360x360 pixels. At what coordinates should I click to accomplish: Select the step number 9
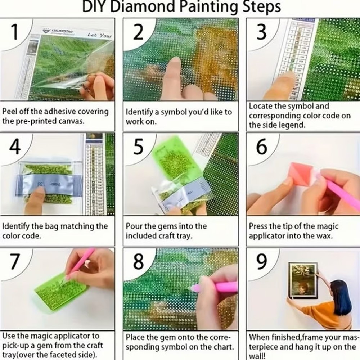[x=262, y=262]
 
